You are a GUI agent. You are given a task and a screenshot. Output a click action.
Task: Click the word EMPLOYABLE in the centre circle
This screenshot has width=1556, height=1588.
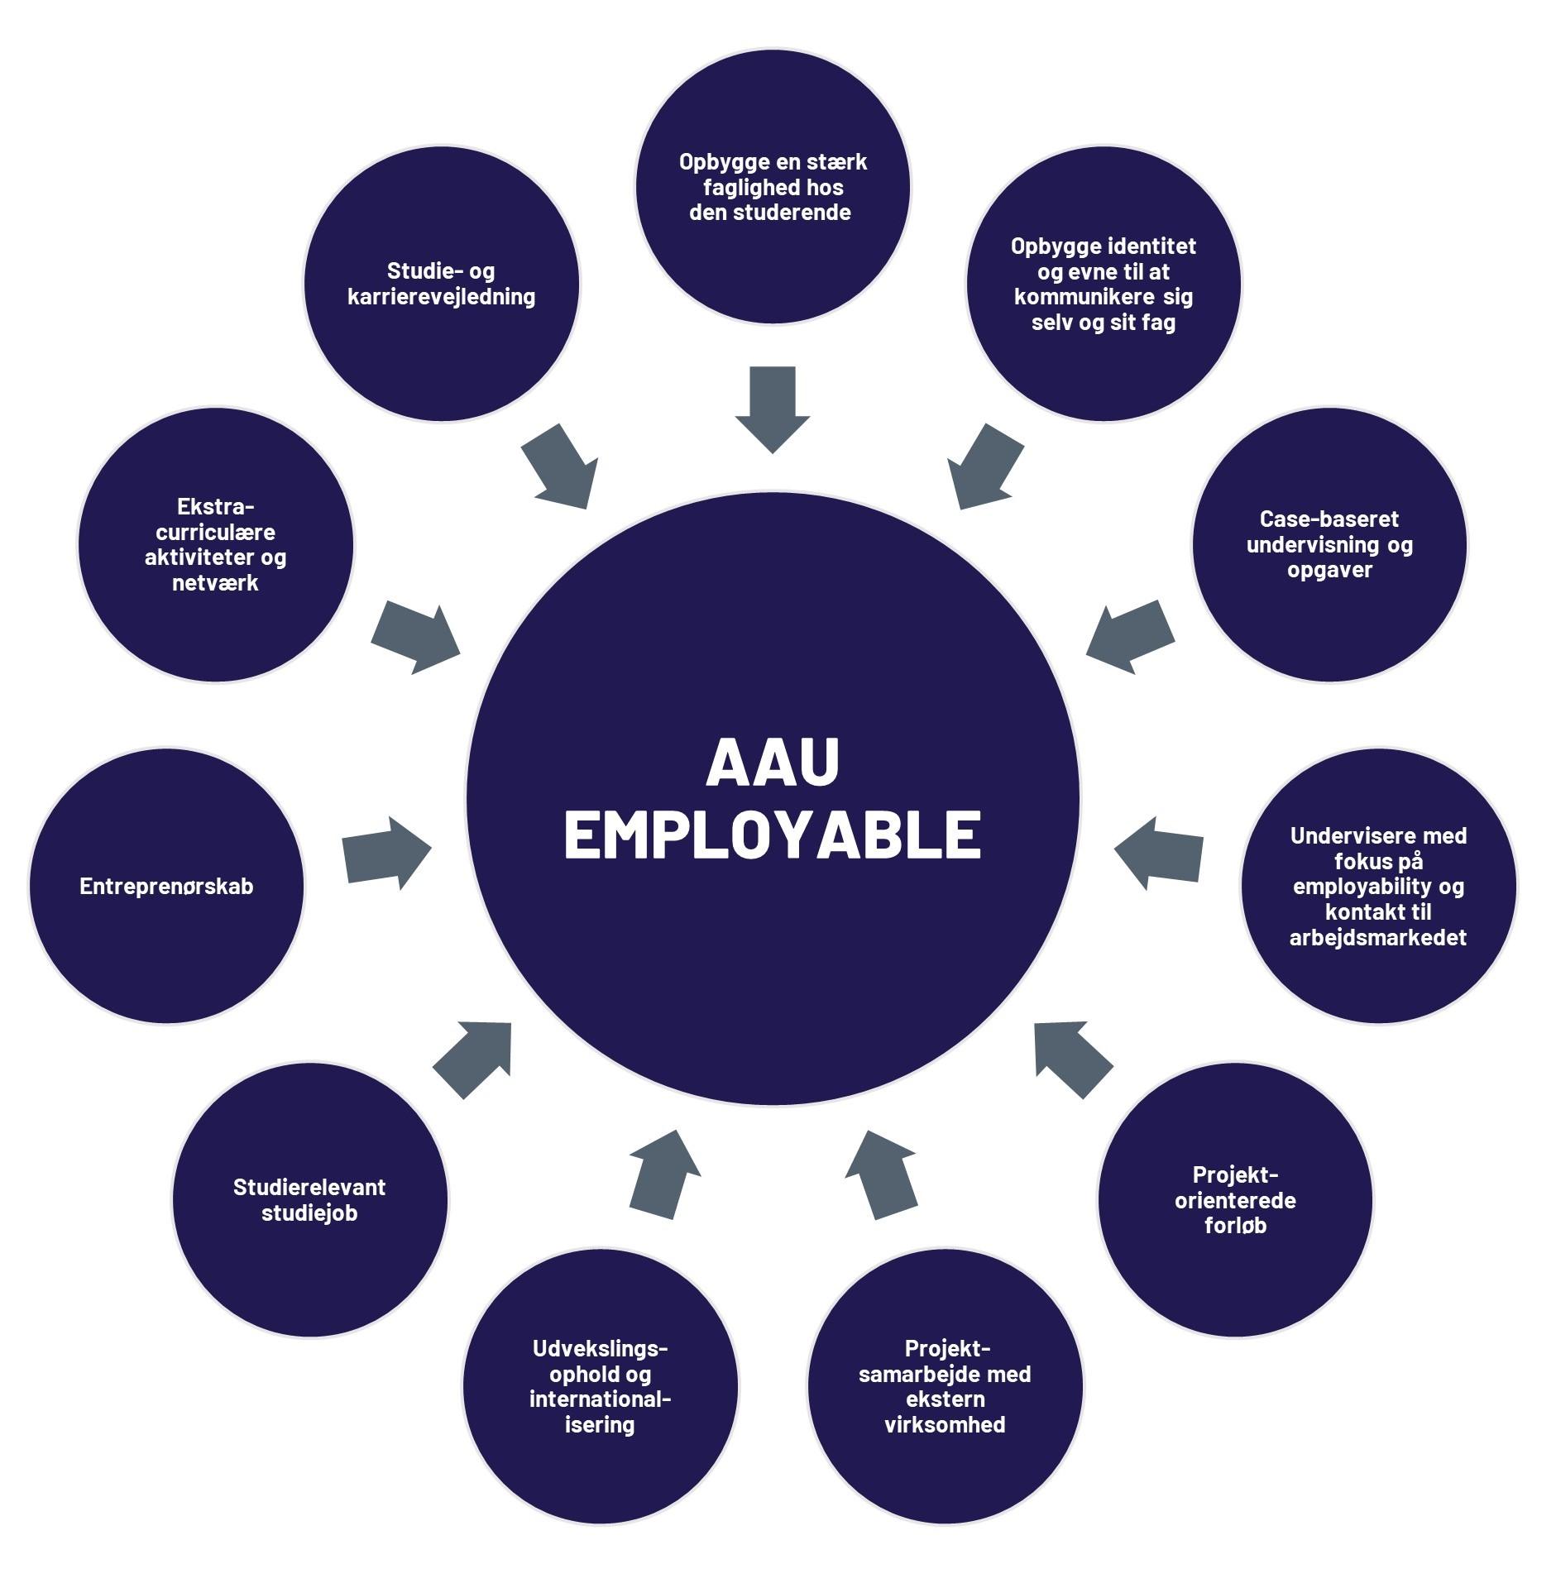[773, 835]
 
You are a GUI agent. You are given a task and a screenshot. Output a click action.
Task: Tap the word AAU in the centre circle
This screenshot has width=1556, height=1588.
[773, 762]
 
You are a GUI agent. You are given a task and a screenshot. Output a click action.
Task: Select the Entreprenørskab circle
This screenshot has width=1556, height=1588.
[166, 886]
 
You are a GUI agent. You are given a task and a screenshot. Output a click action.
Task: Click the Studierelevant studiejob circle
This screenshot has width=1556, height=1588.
[309, 1199]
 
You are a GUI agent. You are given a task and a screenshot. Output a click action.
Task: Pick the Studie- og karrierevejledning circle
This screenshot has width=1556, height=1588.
[442, 284]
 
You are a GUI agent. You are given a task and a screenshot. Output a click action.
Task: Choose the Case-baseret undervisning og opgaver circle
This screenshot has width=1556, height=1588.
[1329, 544]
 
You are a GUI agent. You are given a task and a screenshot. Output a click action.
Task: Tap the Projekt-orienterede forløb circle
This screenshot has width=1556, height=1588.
[1235, 1199]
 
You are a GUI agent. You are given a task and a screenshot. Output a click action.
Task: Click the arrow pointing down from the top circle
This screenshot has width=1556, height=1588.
[773, 409]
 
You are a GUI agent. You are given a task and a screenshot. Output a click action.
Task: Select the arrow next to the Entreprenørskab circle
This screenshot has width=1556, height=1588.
[386, 854]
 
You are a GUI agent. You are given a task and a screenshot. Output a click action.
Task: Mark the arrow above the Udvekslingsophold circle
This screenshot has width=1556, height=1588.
[664, 1174]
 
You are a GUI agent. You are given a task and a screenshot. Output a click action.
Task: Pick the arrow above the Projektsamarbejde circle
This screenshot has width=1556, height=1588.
[882, 1174]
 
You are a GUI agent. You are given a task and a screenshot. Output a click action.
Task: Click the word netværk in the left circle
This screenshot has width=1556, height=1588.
[215, 583]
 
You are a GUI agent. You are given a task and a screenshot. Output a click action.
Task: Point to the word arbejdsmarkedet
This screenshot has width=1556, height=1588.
[1378, 938]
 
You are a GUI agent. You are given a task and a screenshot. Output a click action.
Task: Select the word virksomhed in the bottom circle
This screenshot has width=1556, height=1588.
[945, 1424]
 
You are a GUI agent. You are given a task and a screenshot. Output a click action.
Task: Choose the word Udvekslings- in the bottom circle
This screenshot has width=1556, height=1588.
[600, 1349]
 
